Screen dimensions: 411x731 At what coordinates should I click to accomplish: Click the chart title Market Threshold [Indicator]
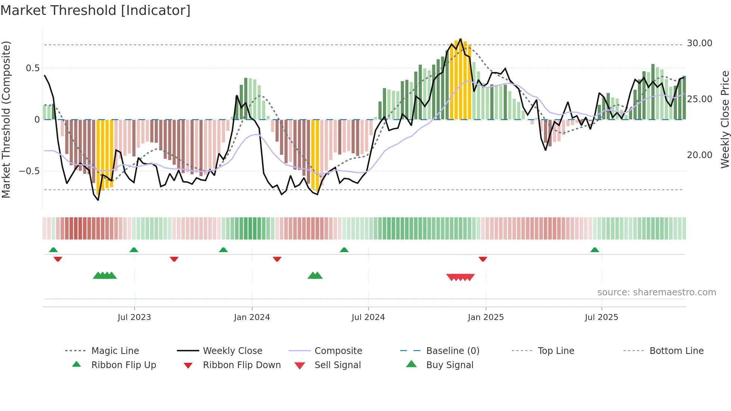click(95, 10)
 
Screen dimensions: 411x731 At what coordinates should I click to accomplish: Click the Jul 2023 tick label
click(134, 317)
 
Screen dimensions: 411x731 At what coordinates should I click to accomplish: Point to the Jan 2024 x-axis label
click(252, 317)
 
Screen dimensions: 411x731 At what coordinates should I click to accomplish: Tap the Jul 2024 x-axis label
click(368, 317)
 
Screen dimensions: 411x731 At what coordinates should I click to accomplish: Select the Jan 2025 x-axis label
click(486, 317)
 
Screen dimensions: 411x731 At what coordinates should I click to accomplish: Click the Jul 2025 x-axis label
click(601, 317)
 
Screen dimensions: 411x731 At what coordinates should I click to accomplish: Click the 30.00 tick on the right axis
click(699, 43)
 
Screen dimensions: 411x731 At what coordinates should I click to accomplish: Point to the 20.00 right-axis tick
click(699, 155)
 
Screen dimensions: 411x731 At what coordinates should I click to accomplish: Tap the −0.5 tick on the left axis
click(29, 171)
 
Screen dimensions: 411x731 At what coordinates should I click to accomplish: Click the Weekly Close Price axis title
click(725, 119)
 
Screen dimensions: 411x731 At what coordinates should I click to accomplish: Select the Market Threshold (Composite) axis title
click(6, 119)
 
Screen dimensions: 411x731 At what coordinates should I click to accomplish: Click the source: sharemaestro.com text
click(656, 292)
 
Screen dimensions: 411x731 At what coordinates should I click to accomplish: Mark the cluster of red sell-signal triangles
click(460, 277)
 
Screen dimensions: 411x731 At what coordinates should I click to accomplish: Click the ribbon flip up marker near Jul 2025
click(594, 250)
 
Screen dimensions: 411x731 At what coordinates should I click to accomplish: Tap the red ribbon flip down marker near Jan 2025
click(483, 259)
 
